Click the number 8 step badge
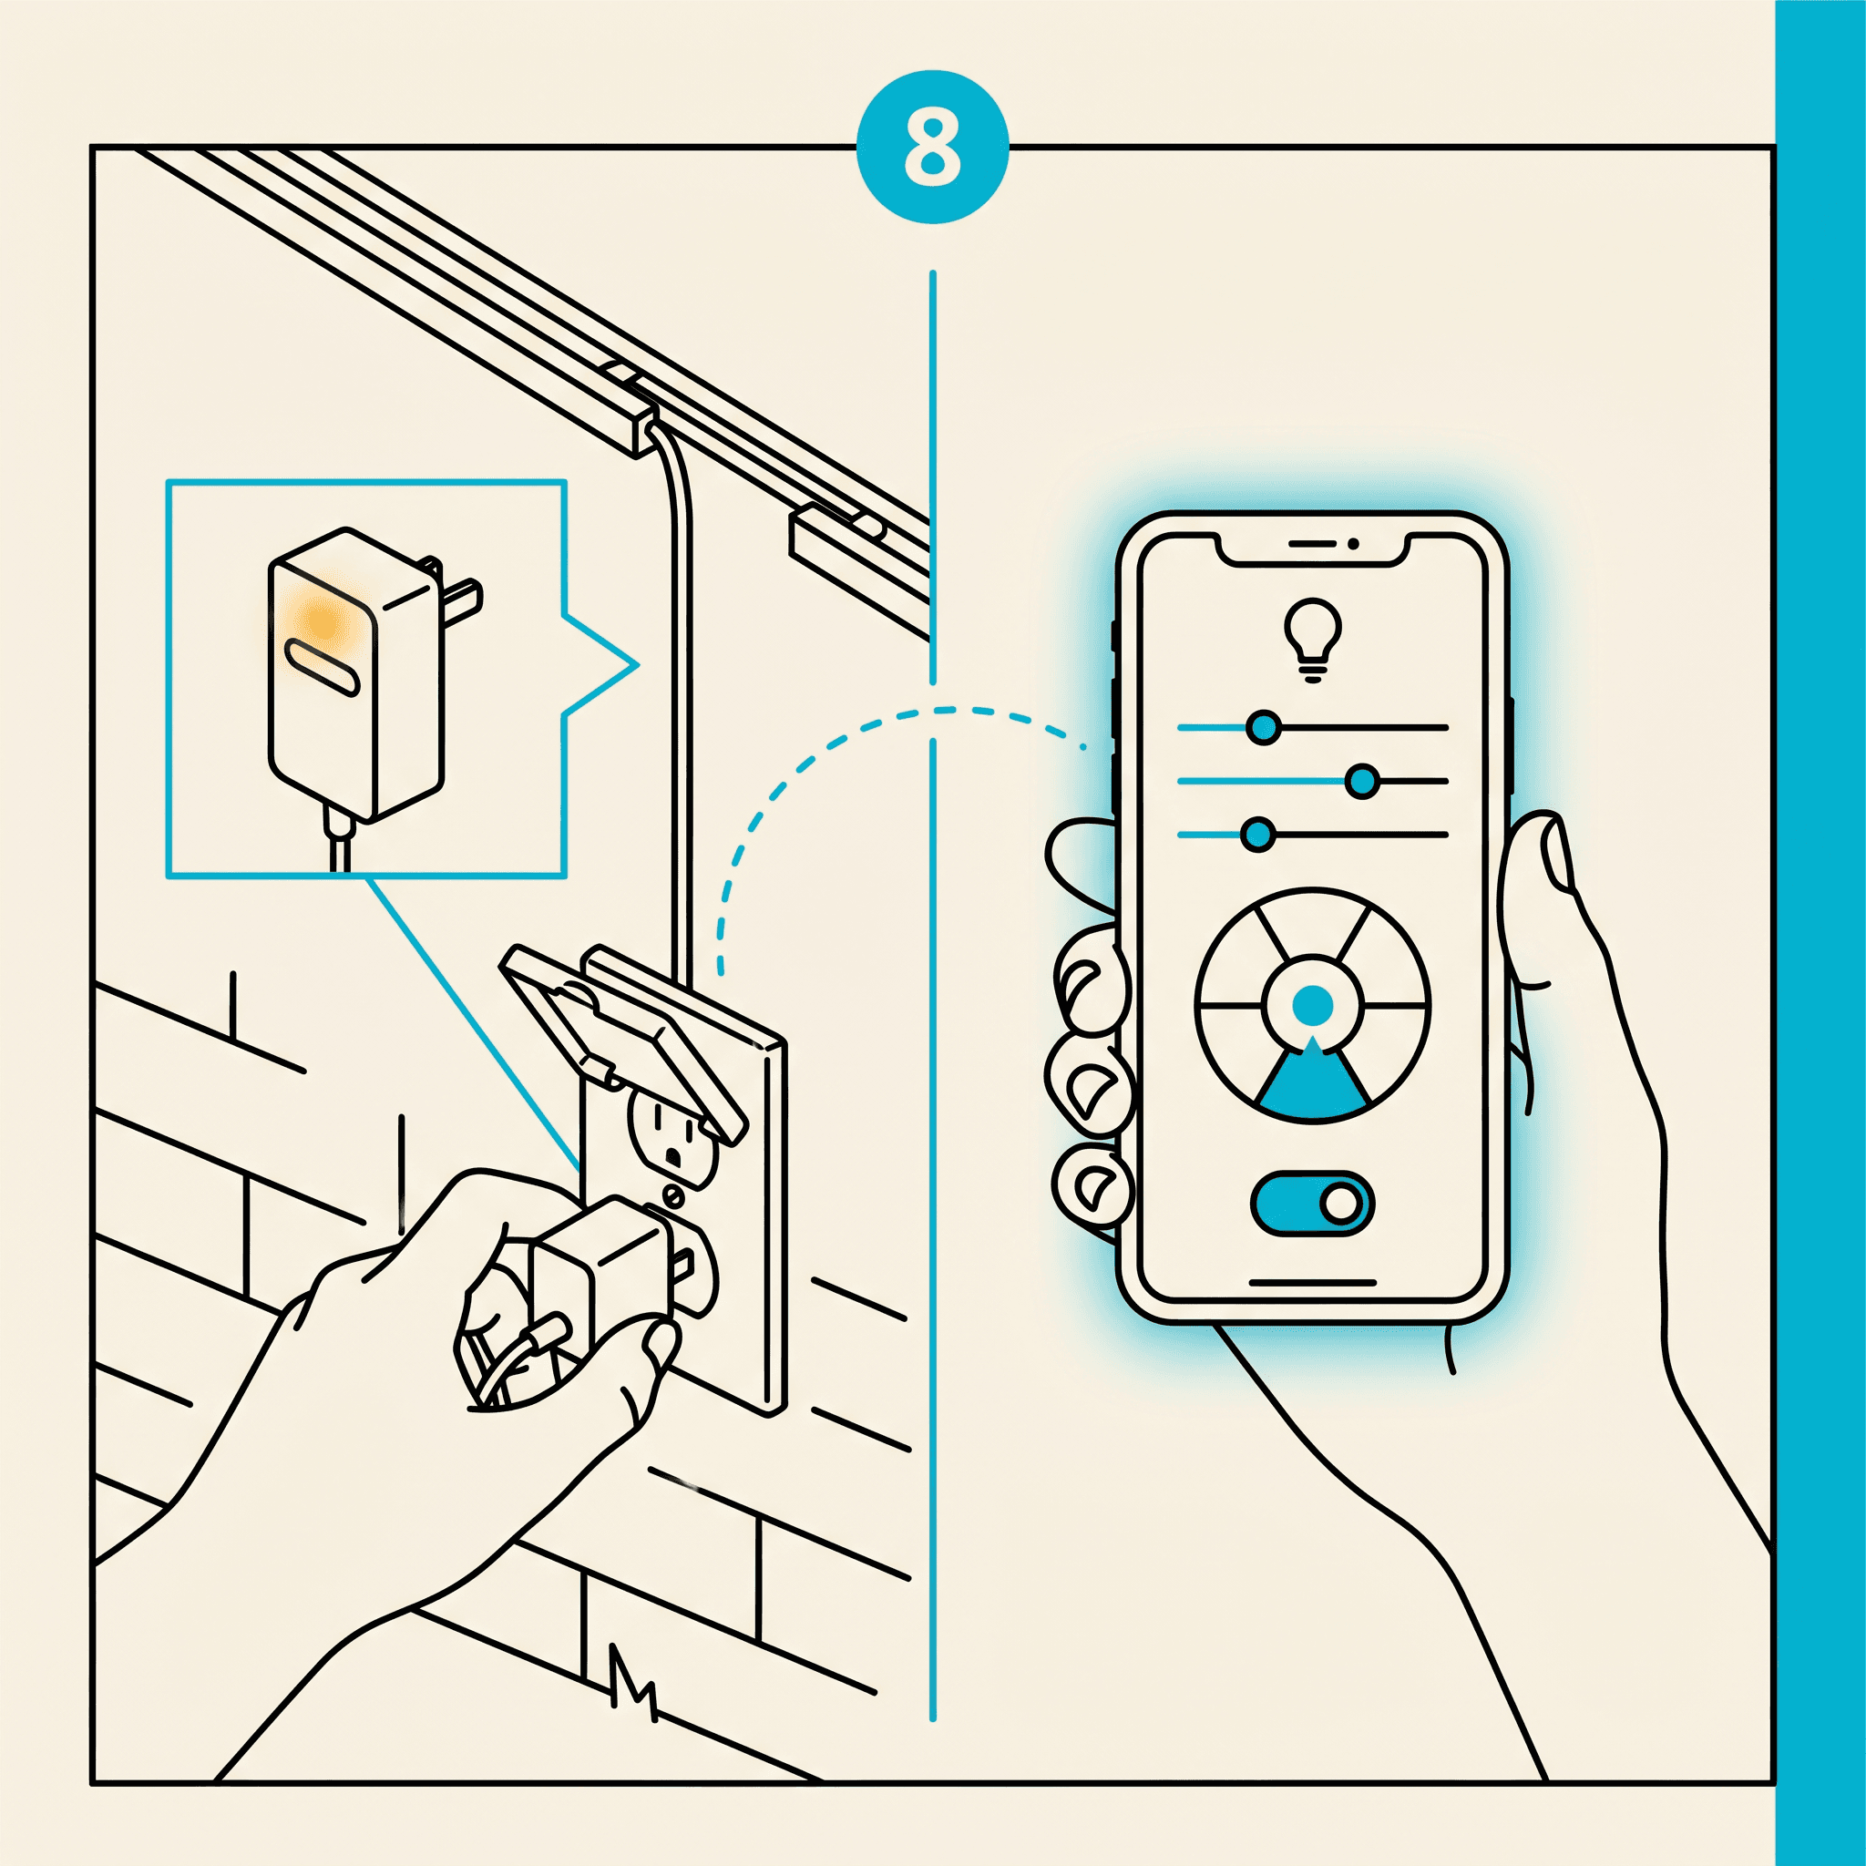[932, 147]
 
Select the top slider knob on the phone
[1264, 727]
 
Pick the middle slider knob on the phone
[1362, 782]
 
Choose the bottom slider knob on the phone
[1256, 835]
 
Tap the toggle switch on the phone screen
[1312, 1204]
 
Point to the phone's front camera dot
[1353, 545]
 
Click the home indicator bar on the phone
[1312, 1284]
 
